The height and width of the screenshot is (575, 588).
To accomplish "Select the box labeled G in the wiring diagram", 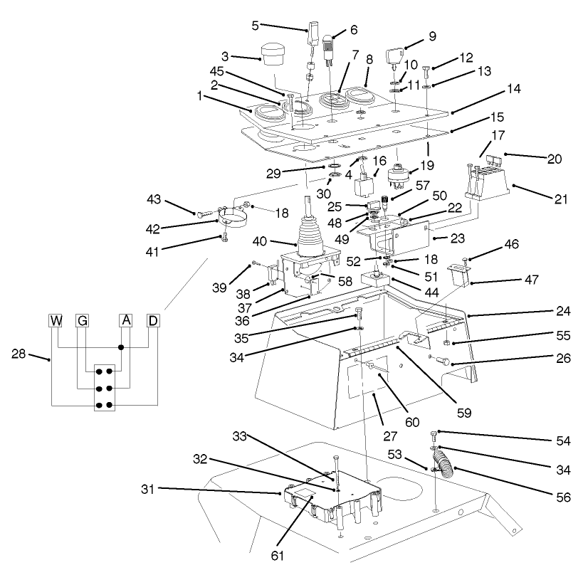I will tap(83, 320).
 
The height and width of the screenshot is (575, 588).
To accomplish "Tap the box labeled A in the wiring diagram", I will tap(126, 320).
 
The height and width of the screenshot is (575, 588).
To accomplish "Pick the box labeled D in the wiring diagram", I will tap(153, 320).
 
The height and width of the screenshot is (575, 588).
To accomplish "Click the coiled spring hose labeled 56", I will tap(445, 463).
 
